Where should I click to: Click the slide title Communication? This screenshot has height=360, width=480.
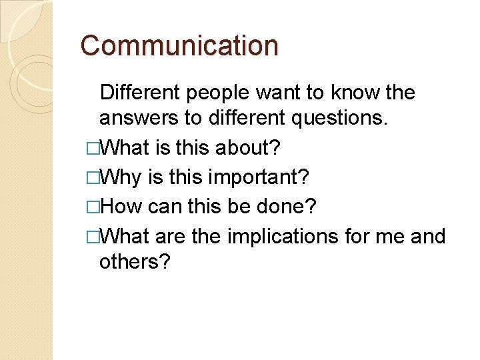(179, 46)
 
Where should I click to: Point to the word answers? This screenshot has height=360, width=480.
(138, 118)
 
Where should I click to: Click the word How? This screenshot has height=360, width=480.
(123, 207)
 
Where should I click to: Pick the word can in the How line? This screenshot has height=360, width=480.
(165, 207)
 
